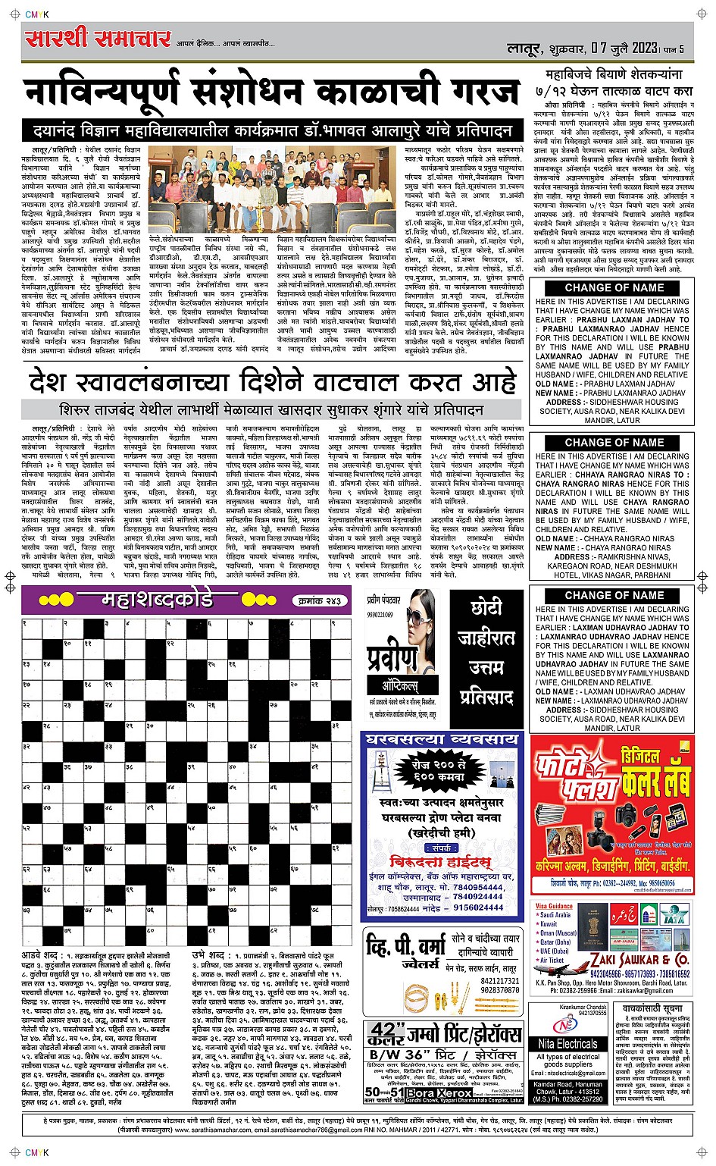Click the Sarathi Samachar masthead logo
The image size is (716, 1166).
(98, 39)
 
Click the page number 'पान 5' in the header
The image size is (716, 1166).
(674, 49)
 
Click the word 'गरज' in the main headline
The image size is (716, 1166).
(476, 93)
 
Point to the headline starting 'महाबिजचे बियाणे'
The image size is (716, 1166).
(614, 74)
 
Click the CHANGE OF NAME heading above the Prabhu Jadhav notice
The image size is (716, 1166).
(614, 288)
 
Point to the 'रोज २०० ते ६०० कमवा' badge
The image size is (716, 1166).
(443, 771)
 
